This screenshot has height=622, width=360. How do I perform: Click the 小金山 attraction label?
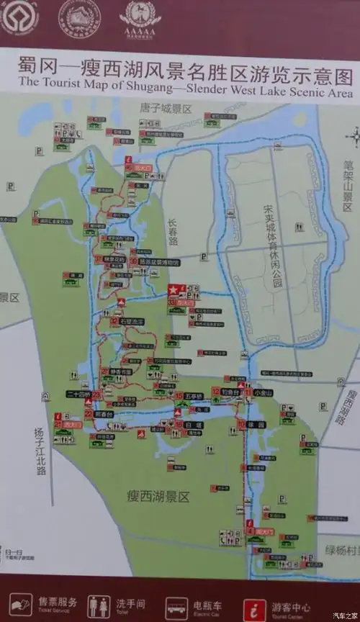(x=264, y=392)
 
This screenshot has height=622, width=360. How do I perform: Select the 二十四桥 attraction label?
(x=78, y=395)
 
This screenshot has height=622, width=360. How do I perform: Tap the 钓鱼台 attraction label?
(x=230, y=391)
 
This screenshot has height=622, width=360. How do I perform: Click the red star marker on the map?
(x=173, y=289)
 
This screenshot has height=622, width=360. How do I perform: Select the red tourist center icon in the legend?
(x=253, y=605)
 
